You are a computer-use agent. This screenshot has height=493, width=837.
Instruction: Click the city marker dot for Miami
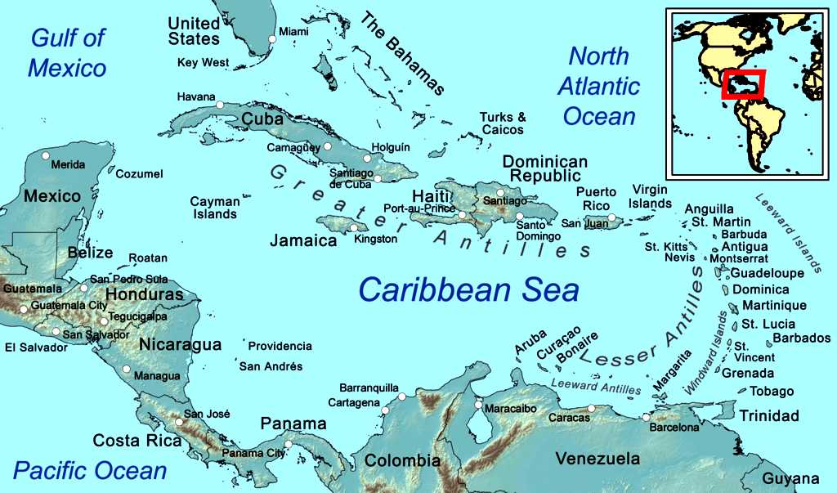pos(272,38)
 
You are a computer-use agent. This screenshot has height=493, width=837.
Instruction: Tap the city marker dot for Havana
pos(220,104)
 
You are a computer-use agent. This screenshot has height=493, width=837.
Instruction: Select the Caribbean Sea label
pos(468,289)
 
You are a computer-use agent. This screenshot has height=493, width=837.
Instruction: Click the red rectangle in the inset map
pos(742,84)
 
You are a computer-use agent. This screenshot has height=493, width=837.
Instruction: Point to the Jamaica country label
pos(304,241)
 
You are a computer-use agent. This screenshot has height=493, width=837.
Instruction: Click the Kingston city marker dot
pos(354,228)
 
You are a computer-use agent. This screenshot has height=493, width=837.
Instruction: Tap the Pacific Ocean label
pos(90,470)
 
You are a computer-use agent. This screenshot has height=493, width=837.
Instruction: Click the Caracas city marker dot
pos(592,408)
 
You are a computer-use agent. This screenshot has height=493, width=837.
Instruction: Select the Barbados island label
pos(801,338)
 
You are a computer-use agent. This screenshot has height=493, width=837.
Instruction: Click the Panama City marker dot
pos(288,444)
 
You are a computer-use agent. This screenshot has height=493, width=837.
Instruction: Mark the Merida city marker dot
pos(46,155)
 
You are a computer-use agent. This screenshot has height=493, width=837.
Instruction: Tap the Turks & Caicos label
pos(503,123)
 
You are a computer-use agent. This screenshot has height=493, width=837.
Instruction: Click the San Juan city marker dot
pos(611,217)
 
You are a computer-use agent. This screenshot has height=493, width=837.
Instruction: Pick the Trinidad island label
pos(768,416)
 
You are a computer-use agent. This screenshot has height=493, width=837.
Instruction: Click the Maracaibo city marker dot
pos(478,404)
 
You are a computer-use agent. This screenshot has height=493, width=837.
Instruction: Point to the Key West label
pos(204,62)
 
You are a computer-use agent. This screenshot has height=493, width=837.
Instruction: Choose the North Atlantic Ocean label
pos(599,86)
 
